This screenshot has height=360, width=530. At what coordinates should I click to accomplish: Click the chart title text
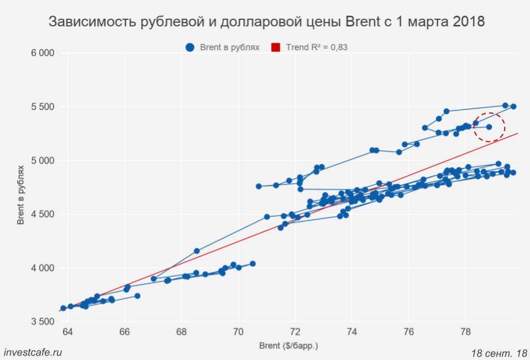(x=267, y=22)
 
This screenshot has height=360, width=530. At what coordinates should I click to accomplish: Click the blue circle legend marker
(x=190, y=47)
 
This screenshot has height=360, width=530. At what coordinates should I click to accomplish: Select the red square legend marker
(x=276, y=47)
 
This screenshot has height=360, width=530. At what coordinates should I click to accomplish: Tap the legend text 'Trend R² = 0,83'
(x=317, y=47)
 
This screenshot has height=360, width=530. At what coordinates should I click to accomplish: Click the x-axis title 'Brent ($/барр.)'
(x=289, y=346)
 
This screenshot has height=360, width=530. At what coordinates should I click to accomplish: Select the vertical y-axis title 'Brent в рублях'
(x=20, y=193)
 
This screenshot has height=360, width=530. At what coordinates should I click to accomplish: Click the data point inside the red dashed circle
(x=489, y=127)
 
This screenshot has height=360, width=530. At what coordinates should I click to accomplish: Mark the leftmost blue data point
(x=63, y=308)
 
